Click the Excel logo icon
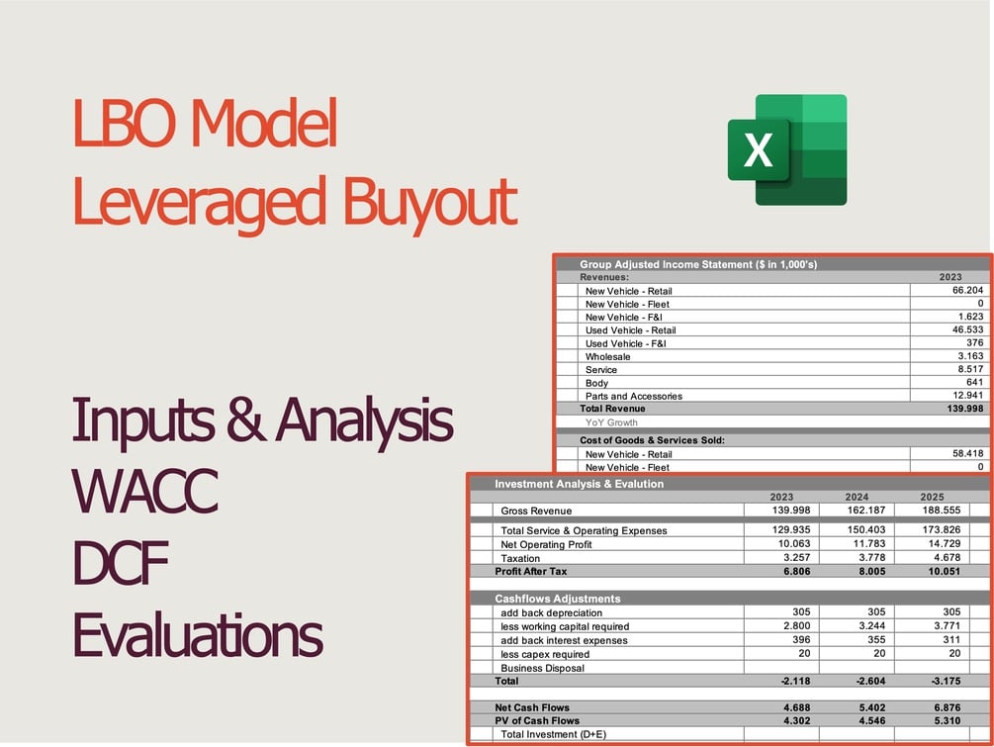(x=787, y=149)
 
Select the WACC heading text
(x=144, y=492)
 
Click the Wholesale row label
(x=607, y=356)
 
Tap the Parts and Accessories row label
(x=633, y=396)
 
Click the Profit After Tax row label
(x=531, y=571)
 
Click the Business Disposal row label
(x=542, y=668)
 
